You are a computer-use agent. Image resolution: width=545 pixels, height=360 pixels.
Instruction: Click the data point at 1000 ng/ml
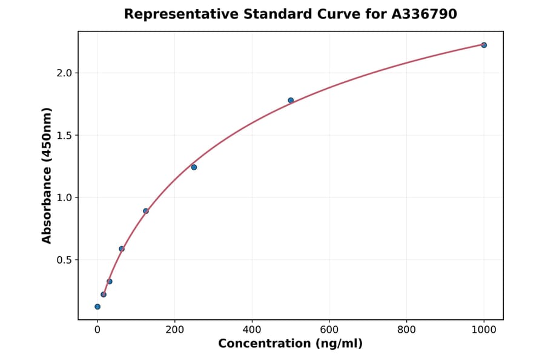484,45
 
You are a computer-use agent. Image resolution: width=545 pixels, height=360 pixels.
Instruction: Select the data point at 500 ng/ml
291,100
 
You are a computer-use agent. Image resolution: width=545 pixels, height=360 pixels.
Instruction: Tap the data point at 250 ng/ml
194,167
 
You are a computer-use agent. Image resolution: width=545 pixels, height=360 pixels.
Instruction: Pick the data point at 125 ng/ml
146,211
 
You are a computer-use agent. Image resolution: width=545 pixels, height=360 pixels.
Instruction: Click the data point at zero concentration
97,307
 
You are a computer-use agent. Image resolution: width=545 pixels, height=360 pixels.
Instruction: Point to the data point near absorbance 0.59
122,249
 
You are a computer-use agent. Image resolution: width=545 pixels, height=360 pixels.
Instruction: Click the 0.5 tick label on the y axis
64,260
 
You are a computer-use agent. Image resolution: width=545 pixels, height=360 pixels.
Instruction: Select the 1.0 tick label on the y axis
64,198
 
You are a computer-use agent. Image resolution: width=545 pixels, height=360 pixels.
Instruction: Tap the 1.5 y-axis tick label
64,135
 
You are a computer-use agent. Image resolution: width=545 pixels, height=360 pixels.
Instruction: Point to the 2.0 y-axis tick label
64,73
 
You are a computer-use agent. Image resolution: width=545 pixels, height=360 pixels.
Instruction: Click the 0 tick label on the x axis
97,330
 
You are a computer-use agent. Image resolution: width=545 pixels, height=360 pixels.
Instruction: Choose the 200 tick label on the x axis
174,330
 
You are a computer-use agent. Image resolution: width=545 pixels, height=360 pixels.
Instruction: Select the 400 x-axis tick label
252,330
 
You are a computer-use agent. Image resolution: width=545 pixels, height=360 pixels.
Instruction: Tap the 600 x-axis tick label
329,330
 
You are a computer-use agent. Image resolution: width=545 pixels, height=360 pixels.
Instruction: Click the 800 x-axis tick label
406,330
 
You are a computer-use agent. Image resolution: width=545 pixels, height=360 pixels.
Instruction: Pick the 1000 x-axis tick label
484,330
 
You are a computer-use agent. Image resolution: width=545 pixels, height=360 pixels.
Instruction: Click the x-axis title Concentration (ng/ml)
290,344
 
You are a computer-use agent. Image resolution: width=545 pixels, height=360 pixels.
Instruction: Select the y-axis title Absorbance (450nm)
47,175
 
